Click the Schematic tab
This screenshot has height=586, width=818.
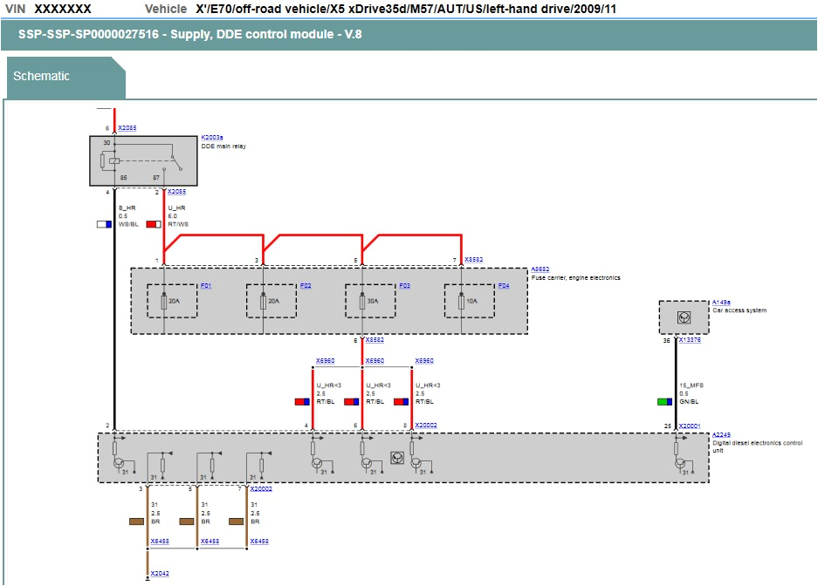(x=41, y=76)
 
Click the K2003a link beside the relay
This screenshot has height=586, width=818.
(x=212, y=138)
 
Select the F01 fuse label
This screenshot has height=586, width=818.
(x=206, y=286)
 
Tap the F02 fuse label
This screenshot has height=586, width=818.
(x=305, y=286)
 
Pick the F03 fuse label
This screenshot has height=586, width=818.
(x=404, y=286)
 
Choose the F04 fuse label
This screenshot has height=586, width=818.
(x=503, y=286)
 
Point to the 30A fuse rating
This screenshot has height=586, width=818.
(x=374, y=301)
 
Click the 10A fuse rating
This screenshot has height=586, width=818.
(x=472, y=301)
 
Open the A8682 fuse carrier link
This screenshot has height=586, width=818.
(x=540, y=269)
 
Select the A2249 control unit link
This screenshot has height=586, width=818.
(x=721, y=434)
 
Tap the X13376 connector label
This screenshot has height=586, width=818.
(x=690, y=340)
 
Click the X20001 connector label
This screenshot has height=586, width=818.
(x=690, y=426)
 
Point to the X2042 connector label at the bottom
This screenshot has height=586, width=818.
(x=159, y=573)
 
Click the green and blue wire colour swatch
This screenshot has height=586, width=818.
(x=664, y=402)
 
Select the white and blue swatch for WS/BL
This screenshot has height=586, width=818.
(x=103, y=224)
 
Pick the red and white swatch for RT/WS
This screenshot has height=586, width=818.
(x=153, y=224)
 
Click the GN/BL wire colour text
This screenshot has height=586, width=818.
(x=688, y=402)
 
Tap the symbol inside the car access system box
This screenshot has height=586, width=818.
(x=683, y=318)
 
